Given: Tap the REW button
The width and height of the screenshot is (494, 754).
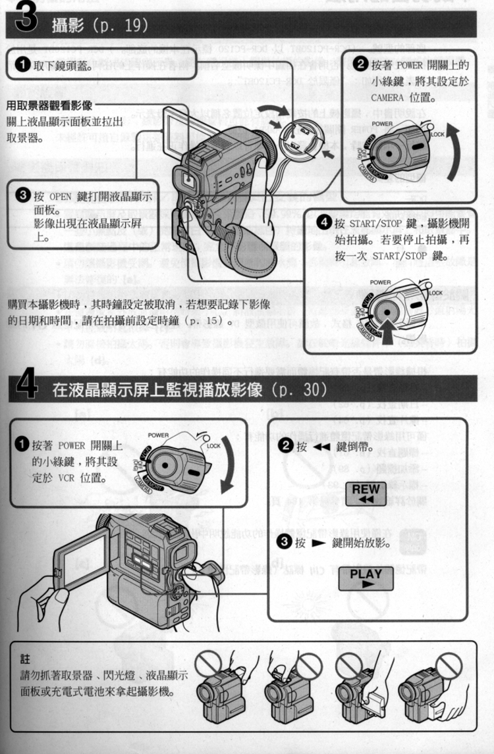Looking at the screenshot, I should (366, 494).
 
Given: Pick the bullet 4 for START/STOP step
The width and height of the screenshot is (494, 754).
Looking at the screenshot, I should (324, 222).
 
